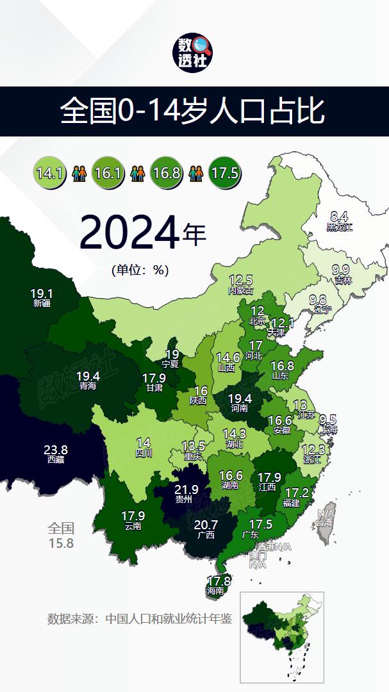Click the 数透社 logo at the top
[x=195, y=53]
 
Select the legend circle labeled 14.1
[x=49, y=173]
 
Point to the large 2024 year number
[x=129, y=233]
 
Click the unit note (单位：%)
[x=140, y=270]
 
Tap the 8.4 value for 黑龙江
[x=339, y=217]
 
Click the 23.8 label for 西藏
[x=56, y=450]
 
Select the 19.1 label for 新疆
[x=42, y=294]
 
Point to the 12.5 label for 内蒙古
[x=241, y=280]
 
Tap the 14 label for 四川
[x=144, y=443]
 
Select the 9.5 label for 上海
[x=327, y=420]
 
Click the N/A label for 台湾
[x=325, y=513]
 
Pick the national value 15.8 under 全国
[x=62, y=543]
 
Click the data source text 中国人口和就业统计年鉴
[x=168, y=620]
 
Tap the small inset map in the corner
[x=282, y=637]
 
